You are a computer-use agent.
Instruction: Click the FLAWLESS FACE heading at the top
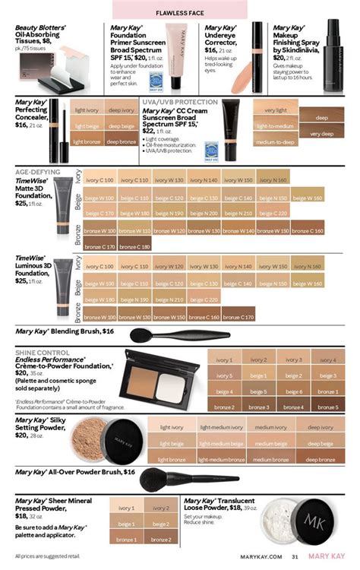click(x=179, y=13)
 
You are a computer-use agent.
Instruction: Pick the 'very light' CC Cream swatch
click(x=276, y=111)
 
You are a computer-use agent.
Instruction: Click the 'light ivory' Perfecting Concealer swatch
click(x=87, y=111)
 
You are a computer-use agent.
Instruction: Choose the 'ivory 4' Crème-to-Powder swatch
click(x=328, y=359)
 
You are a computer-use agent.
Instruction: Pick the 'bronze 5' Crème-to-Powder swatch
click(x=328, y=407)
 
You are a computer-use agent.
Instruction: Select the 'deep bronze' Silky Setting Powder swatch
click(x=319, y=459)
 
